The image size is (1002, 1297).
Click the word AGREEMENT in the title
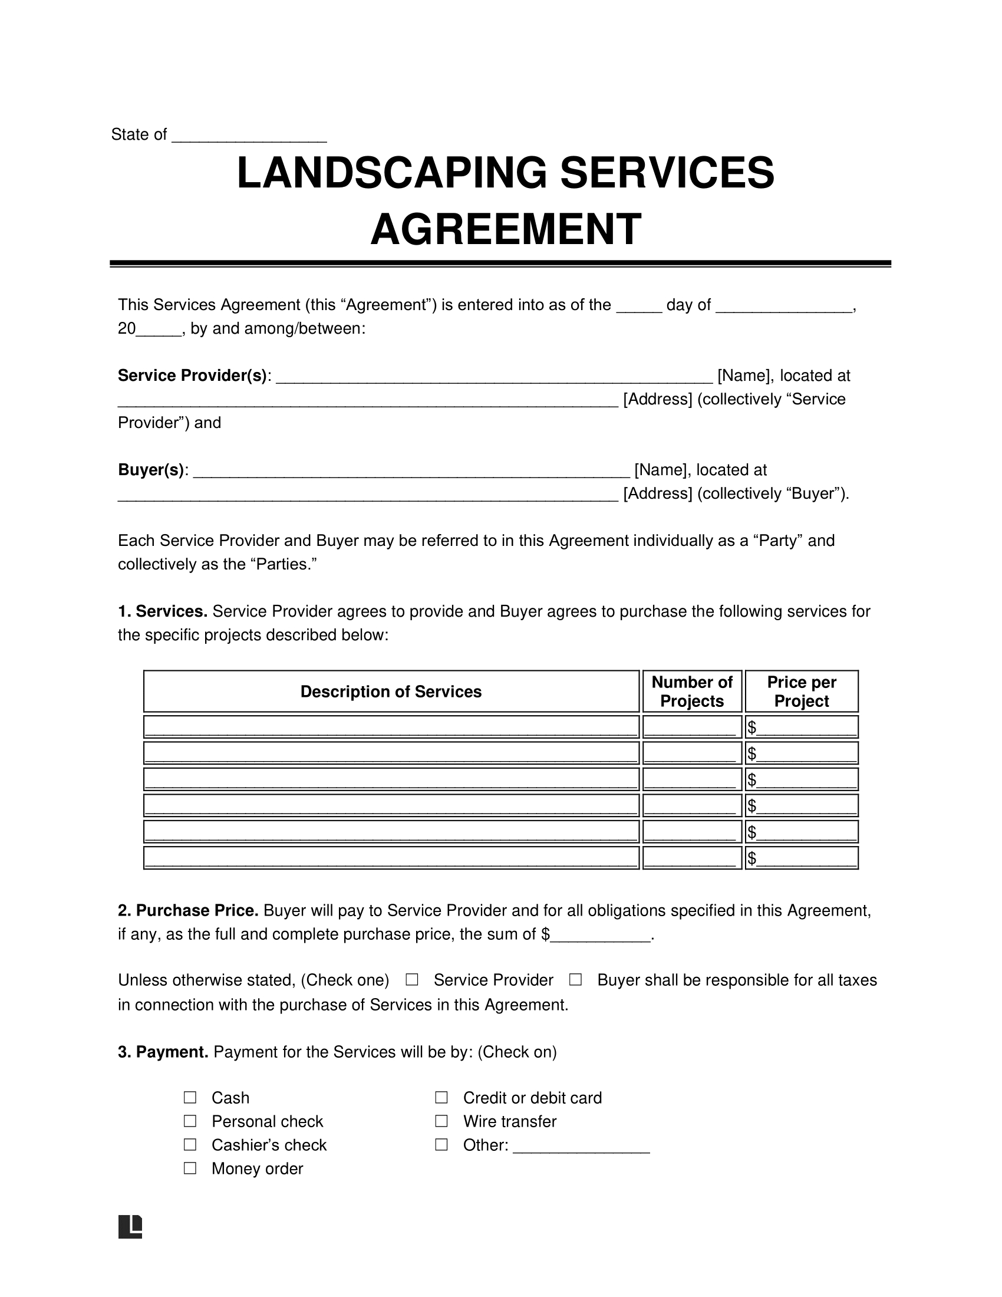(506, 229)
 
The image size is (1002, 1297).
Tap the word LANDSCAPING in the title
(392, 173)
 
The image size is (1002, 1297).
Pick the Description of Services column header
(391, 692)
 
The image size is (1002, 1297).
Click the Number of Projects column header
(691, 692)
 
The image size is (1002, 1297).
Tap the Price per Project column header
(802, 692)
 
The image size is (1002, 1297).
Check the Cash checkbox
(190, 1098)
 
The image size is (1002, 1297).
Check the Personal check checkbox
(190, 1121)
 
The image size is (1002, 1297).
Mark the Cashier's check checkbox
(190, 1144)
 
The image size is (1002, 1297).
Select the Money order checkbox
(190, 1168)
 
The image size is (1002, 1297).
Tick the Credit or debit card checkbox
(441, 1098)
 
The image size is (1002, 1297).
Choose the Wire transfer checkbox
(441, 1121)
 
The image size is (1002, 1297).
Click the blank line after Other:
(581, 1146)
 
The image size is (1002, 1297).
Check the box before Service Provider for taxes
(412, 980)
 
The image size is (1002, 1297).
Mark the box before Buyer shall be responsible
(575, 980)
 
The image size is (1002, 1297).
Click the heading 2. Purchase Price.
(188, 910)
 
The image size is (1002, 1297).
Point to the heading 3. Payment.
(163, 1052)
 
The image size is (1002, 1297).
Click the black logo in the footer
(130, 1227)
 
